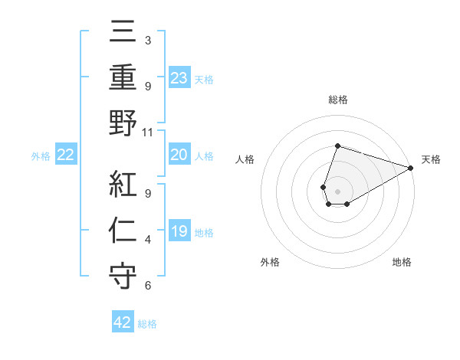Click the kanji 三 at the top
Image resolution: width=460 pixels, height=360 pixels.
pyautogui.click(x=123, y=34)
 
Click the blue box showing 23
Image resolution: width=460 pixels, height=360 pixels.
pyautogui.click(x=179, y=77)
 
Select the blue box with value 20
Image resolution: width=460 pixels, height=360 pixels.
pyautogui.click(x=179, y=155)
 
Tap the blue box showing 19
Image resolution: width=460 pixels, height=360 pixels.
pyautogui.click(x=179, y=231)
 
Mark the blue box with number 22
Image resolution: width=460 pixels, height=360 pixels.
pyautogui.click(x=66, y=155)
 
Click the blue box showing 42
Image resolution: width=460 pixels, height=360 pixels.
pyautogui.click(x=123, y=322)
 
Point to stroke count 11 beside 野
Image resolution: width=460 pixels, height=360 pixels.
pyautogui.click(x=148, y=133)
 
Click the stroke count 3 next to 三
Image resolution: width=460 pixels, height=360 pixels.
pyautogui.click(x=148, y=40)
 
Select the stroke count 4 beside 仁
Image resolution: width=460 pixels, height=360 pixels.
pyautogui.click(x=148, y=241)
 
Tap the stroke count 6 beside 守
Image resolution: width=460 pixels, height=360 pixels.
pyautogui.click(x=148, y=286)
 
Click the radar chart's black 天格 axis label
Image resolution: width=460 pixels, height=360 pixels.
pyautogui.click(x=431, y=160)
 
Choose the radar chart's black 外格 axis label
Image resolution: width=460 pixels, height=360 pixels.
pyautogui.click(x=270, y=262)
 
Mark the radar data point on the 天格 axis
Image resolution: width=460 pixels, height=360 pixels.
pyautogui.click(x=411, y=168)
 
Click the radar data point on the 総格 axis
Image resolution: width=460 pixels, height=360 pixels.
pyautogui.click(x=337, y=146)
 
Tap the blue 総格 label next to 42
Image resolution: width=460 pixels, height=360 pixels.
pyautogui.click(x=147, y=324)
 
